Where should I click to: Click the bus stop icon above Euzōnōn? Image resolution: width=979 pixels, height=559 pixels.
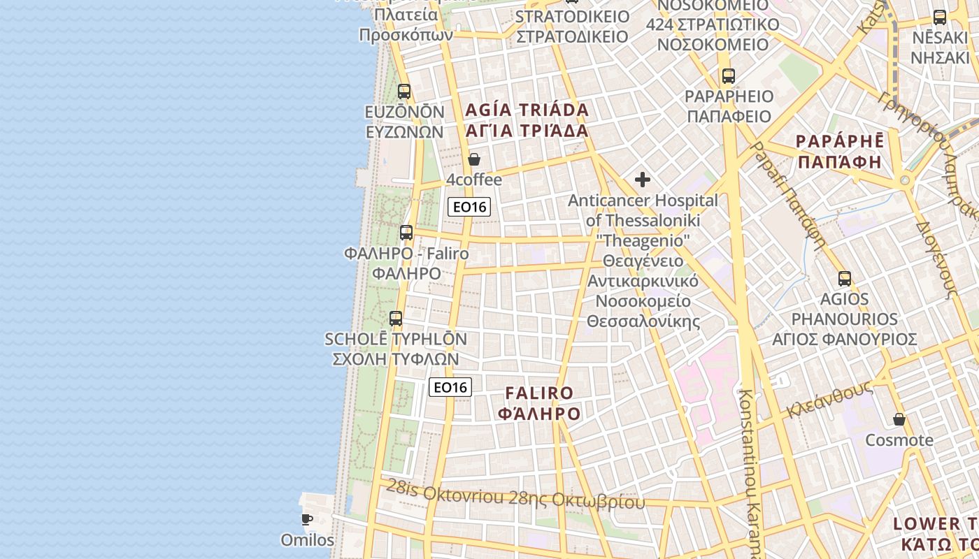point(404,91)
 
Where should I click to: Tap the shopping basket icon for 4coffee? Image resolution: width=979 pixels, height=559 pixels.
point(474,159)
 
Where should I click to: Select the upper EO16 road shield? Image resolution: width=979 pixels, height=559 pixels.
point(469,206)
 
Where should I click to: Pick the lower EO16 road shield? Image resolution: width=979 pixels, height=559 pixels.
point(450,387)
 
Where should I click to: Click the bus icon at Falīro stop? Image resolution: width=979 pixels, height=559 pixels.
point(406,233)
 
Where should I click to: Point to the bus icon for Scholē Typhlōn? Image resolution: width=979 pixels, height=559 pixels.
point(396,319)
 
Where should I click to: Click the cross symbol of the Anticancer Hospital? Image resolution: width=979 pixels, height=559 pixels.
point(643,180)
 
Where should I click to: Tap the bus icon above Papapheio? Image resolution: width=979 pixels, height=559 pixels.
point(729,76)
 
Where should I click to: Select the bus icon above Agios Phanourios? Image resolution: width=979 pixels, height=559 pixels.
point(845,279)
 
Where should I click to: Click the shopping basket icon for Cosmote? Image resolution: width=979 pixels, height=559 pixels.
point(899,419)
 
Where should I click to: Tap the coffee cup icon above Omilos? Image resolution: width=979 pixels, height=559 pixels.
point(306,519)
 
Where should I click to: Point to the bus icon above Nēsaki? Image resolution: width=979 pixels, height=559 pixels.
point(940,17)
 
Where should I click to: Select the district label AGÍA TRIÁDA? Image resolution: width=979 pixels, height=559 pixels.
point(527,110)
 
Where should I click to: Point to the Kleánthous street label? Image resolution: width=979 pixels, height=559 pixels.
point(829,400)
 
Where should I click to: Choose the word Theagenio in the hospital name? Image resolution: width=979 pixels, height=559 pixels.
point(643,240)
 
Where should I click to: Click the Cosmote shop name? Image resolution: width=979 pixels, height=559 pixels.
point(899,440)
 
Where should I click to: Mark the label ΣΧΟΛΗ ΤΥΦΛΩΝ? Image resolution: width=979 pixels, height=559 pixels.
point(395,359)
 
